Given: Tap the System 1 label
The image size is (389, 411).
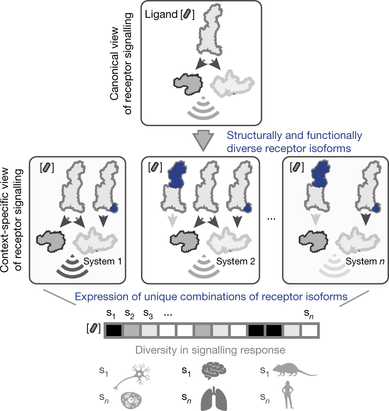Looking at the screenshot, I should pyautogui.click(x=100, y=261).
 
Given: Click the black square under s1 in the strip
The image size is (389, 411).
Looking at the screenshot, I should pyautogui.click(x=114, y=330).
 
